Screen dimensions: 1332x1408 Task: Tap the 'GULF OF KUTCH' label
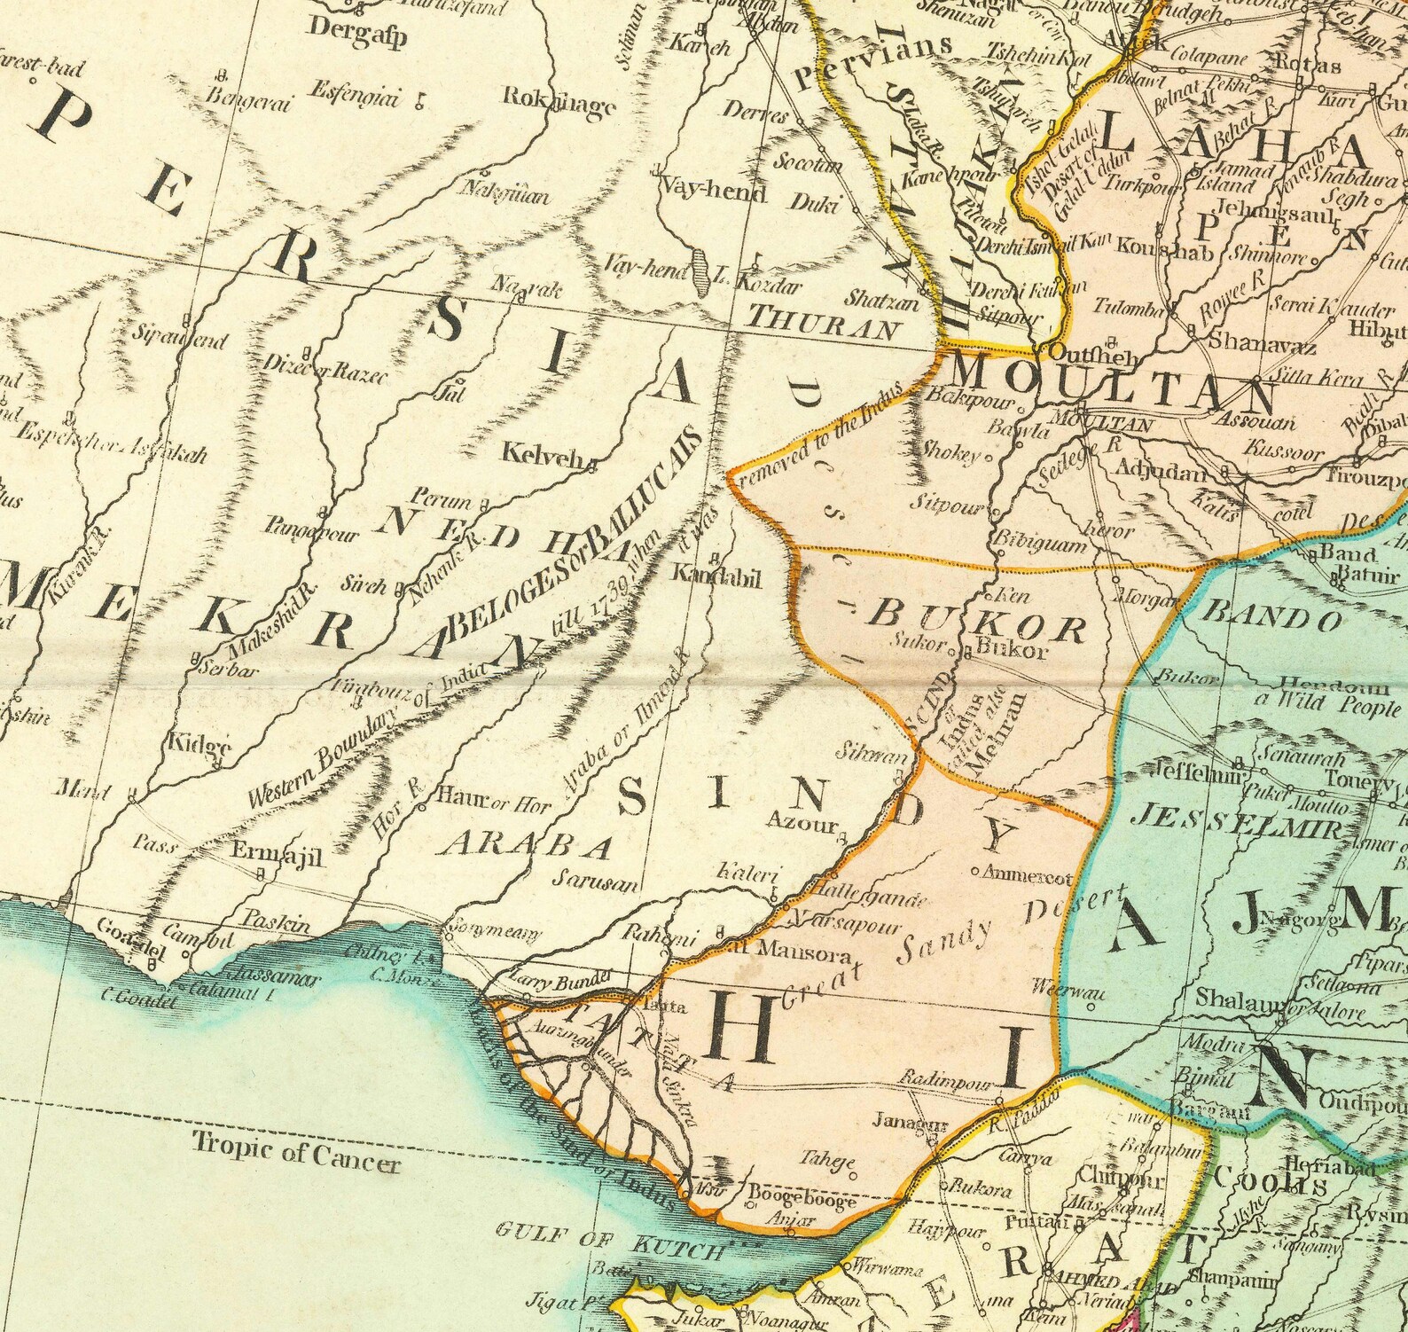click(609, 1240)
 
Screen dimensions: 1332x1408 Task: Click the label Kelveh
click(546, 456)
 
